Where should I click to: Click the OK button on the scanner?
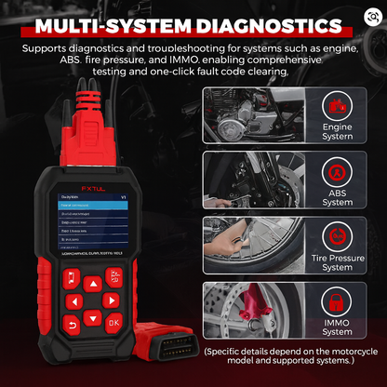[113, 322]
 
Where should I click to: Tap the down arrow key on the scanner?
[91, 315]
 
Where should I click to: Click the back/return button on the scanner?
[69, 323]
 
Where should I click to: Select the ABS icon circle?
[337, 173]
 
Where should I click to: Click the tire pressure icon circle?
[337, 238]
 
